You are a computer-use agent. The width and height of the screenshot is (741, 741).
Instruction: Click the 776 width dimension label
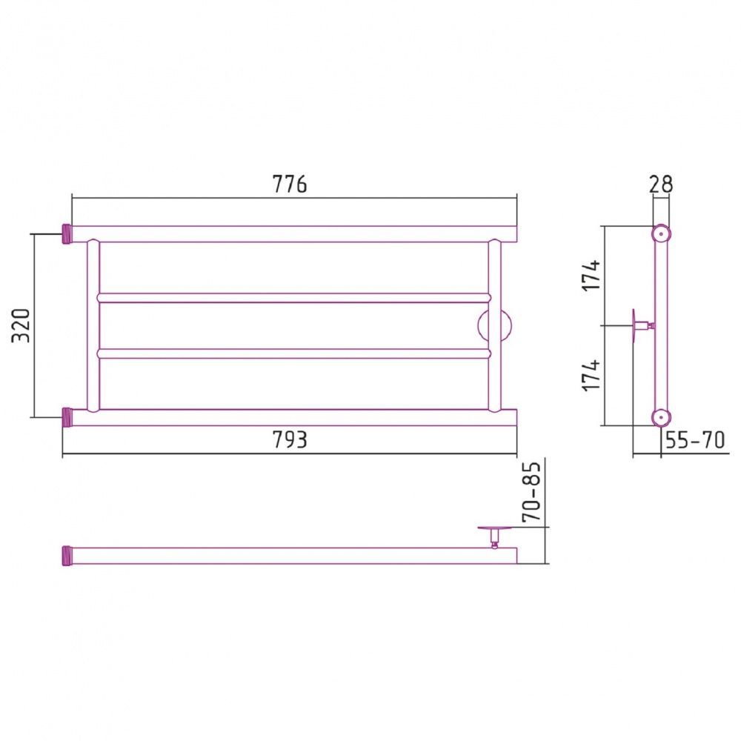(x=289, y=184)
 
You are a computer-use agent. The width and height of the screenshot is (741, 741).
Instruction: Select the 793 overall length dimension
(x=290, y=440)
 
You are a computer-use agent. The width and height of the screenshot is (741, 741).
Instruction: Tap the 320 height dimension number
(x=21, y=325)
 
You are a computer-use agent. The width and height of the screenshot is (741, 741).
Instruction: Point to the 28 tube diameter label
(x=661, y=184)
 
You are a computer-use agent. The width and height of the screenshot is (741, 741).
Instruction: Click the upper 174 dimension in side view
(x=591, y=275)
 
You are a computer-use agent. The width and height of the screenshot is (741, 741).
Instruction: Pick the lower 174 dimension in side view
(x=591, y=375)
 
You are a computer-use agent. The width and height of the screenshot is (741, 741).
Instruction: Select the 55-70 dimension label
(x=695, y=440)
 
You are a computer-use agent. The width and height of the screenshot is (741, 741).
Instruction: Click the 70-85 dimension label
(x=531, y=491)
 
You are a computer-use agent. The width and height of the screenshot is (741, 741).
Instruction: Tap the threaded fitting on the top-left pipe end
(x=67, y=234)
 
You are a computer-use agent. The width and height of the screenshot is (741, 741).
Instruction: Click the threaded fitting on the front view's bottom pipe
(x=67, y=418)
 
